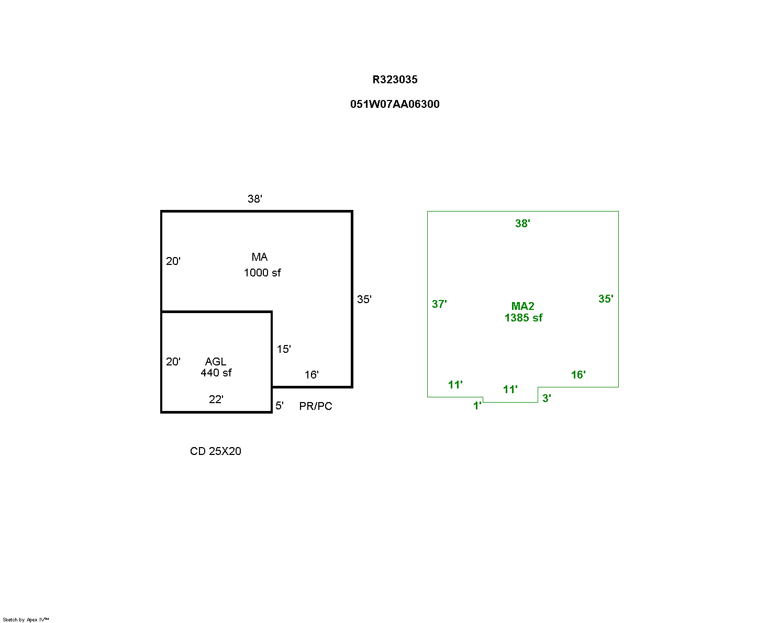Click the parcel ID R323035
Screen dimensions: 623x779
395,80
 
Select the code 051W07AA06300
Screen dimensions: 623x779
395,104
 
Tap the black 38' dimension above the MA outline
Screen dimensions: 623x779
255,199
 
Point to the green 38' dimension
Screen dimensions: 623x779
522,224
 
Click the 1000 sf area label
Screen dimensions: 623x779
262,273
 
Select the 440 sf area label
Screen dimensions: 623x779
216,373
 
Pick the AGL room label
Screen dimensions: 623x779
216,362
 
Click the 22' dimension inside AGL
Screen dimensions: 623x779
216,399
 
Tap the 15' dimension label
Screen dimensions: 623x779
284,349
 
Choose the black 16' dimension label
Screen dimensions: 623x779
311,375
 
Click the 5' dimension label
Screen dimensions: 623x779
280,406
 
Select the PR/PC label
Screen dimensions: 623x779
316,406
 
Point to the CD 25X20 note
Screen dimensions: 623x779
216,451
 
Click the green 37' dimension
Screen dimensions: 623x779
439,304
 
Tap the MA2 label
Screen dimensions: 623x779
523,306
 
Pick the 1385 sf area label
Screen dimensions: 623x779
524,318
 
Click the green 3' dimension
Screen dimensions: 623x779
547,398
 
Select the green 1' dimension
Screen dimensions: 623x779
477,406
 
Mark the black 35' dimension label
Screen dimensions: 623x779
364,299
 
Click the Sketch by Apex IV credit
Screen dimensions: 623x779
26,620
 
